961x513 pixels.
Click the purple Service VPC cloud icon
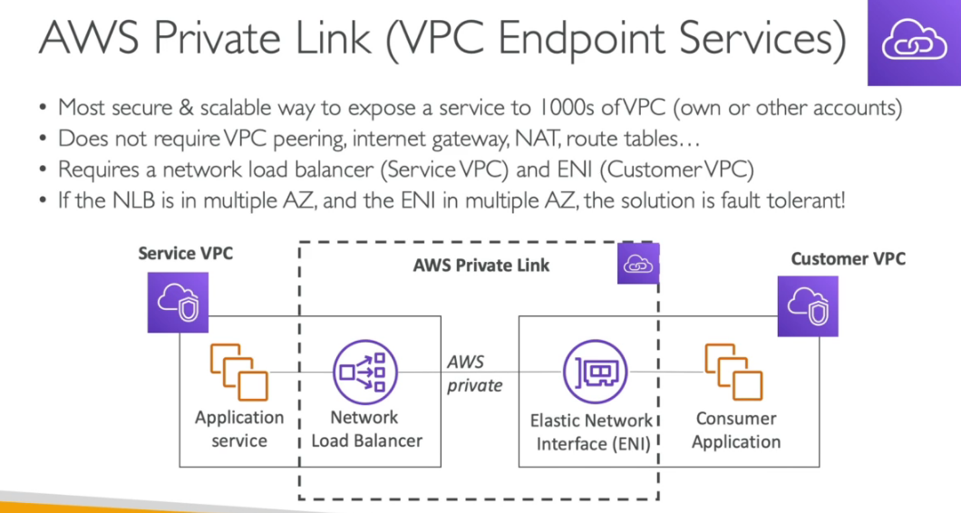[x=172, y=303]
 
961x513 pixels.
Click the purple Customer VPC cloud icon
[x=808, y=306]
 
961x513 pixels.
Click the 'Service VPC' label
[x=185, y=253]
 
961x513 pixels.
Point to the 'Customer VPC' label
[x=848, y=258]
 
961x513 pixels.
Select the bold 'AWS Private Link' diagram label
[x=480, y=266]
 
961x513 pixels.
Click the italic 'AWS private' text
[x=474, y=373]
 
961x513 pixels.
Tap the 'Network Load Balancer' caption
[x=366, y=430]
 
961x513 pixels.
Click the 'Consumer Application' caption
[x=736, y=431]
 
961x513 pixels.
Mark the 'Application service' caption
[x=239, y=430]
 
